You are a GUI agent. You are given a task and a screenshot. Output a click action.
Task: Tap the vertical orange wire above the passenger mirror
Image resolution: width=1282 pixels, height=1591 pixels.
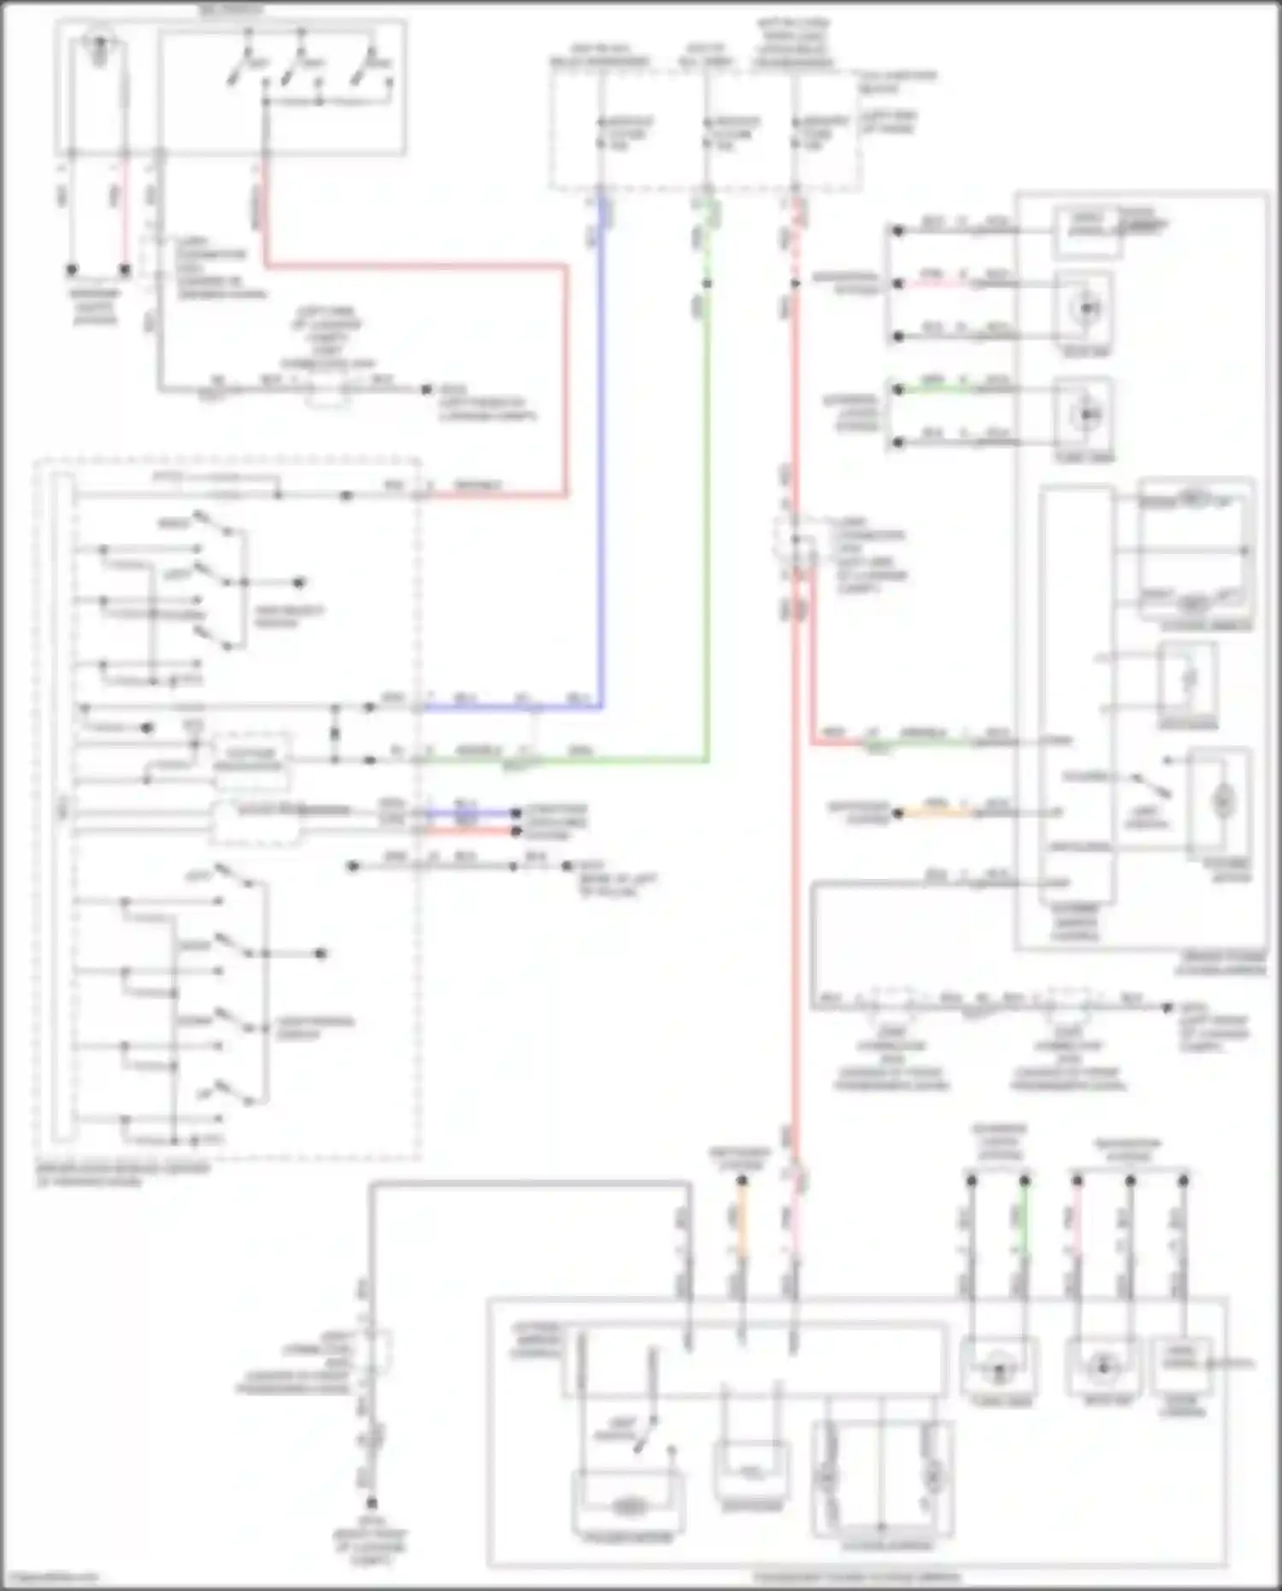742,1231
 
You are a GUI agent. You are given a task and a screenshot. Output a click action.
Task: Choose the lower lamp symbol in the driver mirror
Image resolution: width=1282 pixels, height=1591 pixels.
1086,415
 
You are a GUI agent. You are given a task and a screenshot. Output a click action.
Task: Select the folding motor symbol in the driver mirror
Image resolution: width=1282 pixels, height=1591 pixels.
1223,802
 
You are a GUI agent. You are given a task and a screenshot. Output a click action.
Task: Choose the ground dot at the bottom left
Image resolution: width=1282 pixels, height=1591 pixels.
372,1502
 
